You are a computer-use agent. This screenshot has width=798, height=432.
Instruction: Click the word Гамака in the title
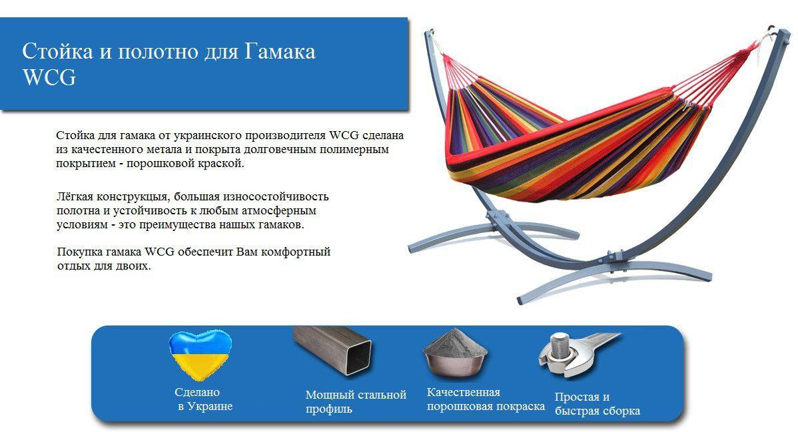279,51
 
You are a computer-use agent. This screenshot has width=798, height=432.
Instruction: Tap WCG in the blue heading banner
49,77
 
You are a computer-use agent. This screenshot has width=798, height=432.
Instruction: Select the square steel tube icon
332,351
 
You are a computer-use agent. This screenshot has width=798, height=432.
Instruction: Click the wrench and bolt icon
580,354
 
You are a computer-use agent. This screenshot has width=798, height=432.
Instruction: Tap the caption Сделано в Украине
202,399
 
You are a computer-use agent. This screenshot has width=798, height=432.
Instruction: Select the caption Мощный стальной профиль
356,401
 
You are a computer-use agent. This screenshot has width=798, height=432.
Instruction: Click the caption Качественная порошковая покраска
486,399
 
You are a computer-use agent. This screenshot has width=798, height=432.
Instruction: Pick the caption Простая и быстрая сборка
597,403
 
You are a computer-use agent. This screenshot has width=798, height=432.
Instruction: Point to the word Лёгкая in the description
75,196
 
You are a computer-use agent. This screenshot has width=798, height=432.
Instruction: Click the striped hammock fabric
570,148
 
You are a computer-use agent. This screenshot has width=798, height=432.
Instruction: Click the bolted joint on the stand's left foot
493,220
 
